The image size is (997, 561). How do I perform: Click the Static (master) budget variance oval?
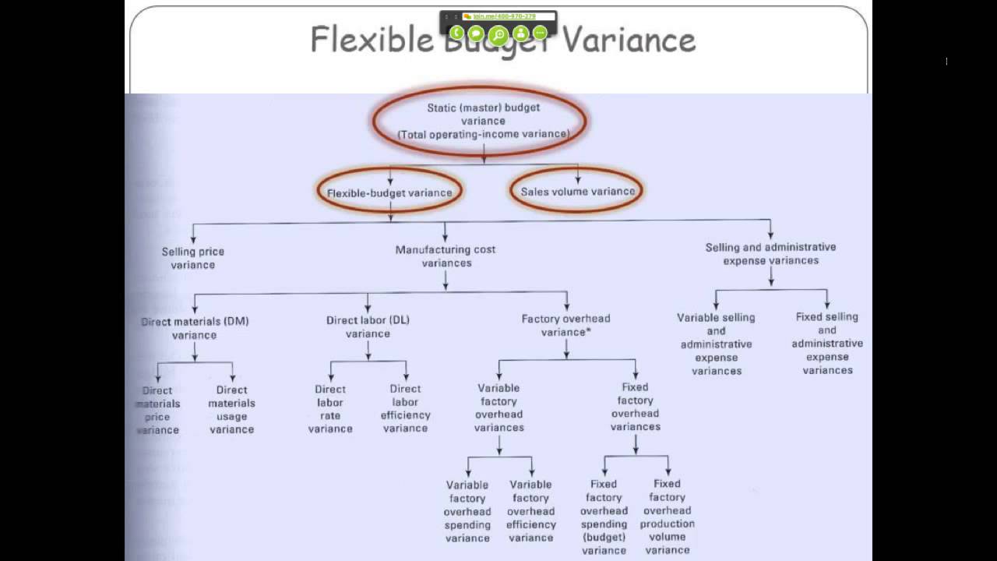pyautogui.click(x=483, y=120)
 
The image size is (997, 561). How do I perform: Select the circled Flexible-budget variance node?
pyautogui.click(x=389, y=192)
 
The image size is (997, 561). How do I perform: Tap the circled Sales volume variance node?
pyautogui.click(x=577, y=191)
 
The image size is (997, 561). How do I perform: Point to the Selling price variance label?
pyautogui.click(x=193, y=258)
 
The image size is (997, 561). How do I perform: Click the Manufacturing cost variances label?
pyautogui.click(x=446, y=256)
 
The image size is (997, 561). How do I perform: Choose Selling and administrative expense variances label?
pyautogui.click(x=770, y=253)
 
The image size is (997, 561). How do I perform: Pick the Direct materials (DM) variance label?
pyautogui.click(x=195, y=328)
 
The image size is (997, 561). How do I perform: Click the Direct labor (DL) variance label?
pyautogui.click(x=368, y=326)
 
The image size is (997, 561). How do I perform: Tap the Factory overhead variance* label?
pyautogui.click(x=566, y=325)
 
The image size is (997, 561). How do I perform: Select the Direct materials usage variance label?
pyautogui.click(x=231, y=410)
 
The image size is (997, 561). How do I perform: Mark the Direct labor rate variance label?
pyautogui.click(x=330, y=409)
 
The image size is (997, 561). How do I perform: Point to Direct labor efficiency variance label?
pyautogui.click(x=405, y=409)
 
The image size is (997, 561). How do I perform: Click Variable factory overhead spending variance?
pyautogui.click(x=467, y=511)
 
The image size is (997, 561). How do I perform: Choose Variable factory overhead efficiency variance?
pyautogui.click(x=530, y=511)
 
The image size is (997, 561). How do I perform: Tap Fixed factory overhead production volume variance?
pyautogui.click(x=668, y=517)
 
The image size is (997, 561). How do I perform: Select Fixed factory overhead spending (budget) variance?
pyautogui.click(x=604, y=517)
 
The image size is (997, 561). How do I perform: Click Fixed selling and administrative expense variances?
pyautogui.click(x=827, y=344)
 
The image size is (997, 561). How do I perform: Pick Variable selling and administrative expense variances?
pyautogui.click(x=717, y=344)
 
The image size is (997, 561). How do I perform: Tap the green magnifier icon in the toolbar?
pyautogui.click(x=498, y=34)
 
